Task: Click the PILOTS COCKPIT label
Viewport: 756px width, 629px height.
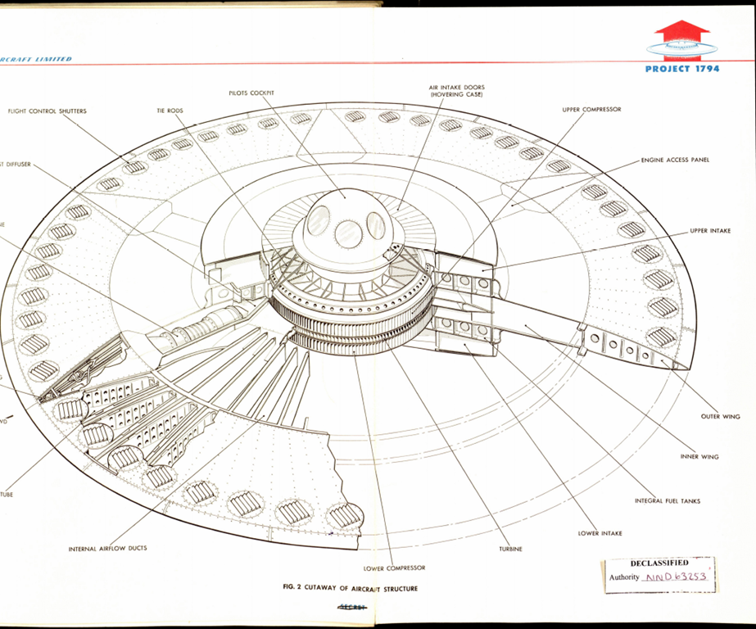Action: click(251, 93)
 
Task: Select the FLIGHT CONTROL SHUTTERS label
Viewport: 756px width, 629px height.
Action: click(47, 111)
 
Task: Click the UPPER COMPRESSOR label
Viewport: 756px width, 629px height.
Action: click(591, 109)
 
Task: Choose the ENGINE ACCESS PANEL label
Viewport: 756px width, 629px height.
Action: click(675, 160)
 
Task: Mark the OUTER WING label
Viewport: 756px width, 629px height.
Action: click(720, 417)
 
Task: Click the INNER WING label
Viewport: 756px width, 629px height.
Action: click(699, 457)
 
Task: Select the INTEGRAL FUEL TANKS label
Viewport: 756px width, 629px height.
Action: click(667, 500)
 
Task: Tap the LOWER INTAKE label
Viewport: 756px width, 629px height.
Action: click(600, 533)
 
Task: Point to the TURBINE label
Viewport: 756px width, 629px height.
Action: click(509, 549)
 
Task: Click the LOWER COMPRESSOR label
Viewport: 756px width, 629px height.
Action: click(394, 568)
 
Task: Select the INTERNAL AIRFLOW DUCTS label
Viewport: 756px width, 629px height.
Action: click(107, 548)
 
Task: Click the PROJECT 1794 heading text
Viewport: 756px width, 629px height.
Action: click(682, 69)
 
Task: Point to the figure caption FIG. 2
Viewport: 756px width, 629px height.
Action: click(349, 589)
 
